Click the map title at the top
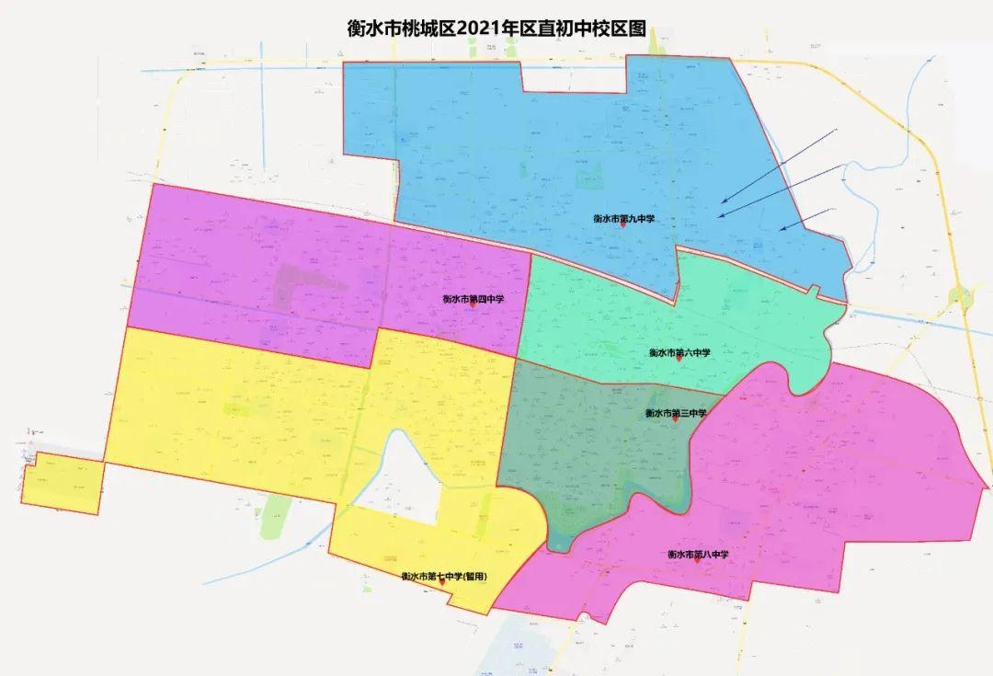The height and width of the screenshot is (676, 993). (497, 28)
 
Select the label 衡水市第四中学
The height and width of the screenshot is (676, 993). (472, 298)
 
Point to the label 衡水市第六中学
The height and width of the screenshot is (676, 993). (679, 352)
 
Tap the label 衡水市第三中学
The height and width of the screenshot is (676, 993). (676, 413)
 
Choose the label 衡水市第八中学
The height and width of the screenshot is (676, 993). (698, 555)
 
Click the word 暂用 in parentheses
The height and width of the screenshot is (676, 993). (474, 577)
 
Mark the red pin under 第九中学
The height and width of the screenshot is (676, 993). (622, 225)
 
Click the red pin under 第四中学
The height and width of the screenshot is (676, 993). (473, 306)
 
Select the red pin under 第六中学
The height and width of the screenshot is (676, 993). (679, 360)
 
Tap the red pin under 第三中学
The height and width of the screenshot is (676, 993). (675, 420)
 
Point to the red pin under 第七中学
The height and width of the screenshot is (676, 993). (445, 584)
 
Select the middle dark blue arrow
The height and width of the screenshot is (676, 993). (782, 191)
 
